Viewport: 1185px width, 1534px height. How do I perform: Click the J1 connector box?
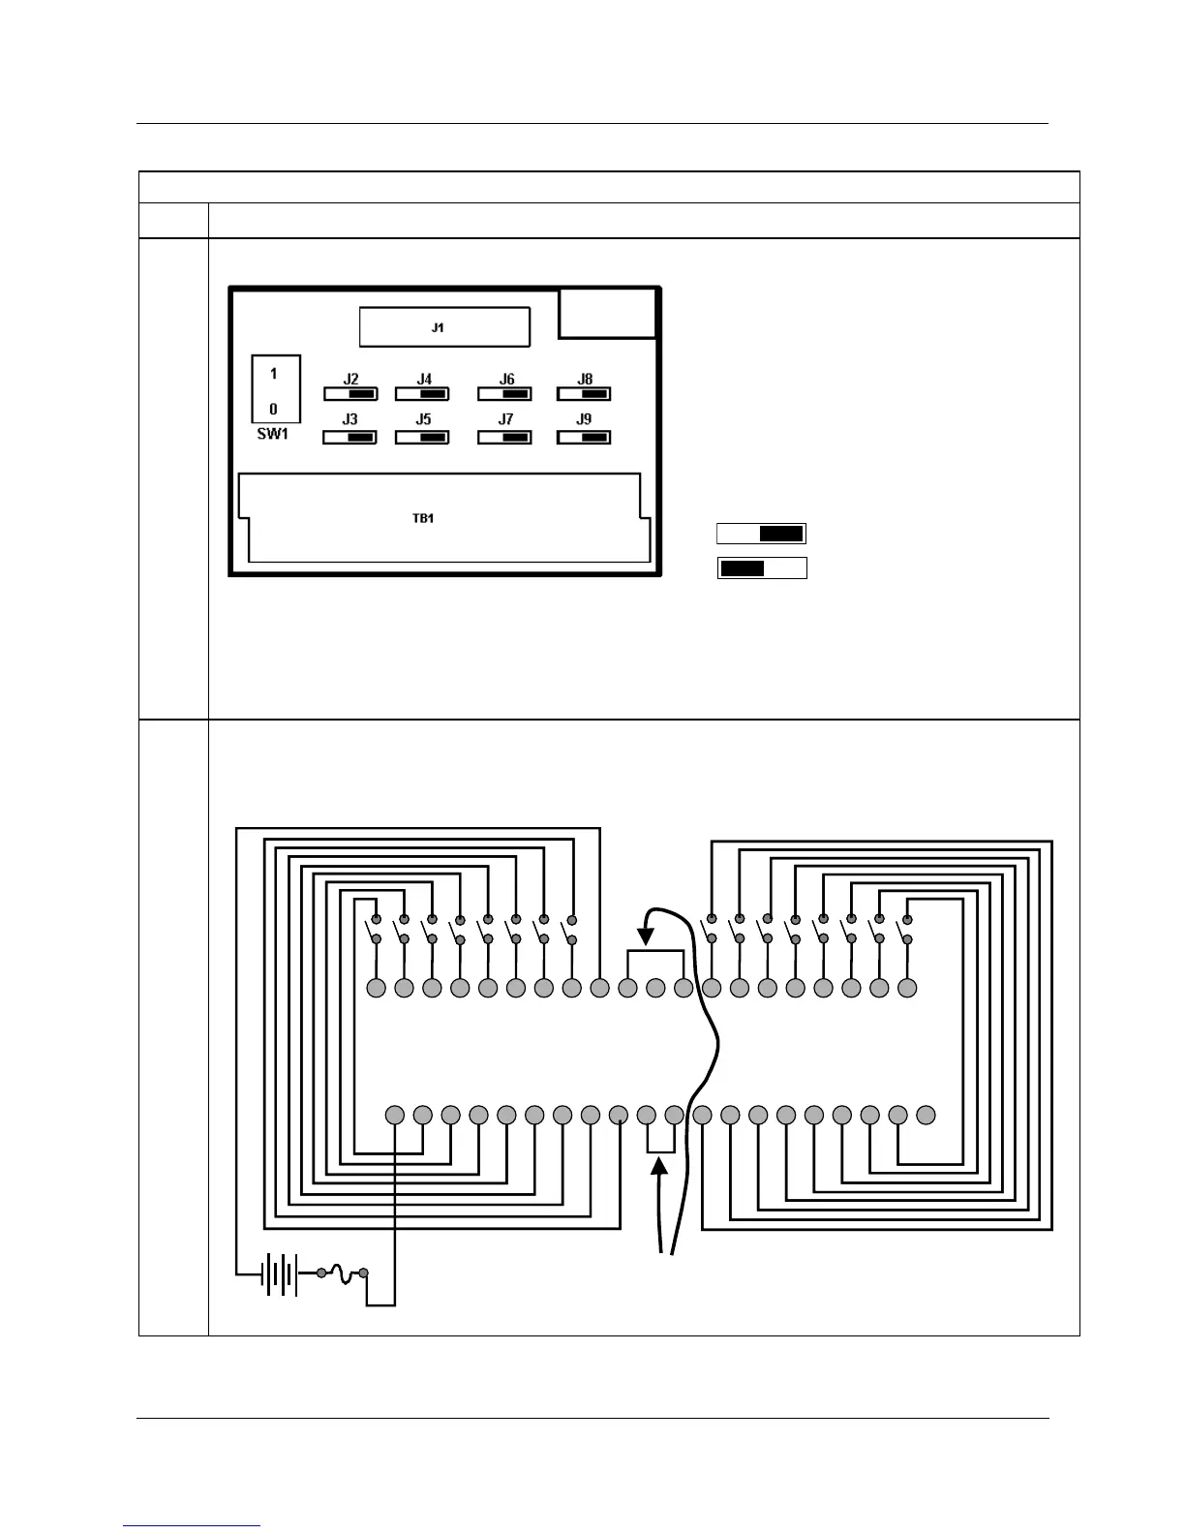tap(444, 327)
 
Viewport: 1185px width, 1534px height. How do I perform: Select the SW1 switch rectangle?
tap(275, 389)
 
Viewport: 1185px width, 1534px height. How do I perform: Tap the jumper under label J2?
tap(350, 394)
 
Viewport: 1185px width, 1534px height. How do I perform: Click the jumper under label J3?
tap(350, 438)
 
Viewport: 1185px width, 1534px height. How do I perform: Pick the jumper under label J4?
tap(422, 394)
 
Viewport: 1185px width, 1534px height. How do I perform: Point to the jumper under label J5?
tap(422, 438)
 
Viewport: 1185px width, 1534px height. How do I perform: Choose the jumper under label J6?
tap(504, 394)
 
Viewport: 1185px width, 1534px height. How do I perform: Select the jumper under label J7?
tap(504, 438)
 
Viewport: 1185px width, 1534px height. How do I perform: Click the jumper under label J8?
tap(584, 394)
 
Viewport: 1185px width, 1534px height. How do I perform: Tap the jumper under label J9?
tap(584, 438)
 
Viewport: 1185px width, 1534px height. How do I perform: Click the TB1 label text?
tap(423, 518)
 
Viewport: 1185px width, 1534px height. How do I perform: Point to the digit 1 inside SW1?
tap(274, 373)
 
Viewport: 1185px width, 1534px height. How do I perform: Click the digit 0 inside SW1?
tap(274, 409)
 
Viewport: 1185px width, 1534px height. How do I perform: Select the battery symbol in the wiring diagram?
tap(280, 1274)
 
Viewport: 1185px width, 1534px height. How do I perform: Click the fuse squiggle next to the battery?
tap(343, 1273)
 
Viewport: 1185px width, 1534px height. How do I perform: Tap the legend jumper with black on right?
tap(761, 534)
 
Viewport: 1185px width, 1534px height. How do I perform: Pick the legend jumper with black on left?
tap(762, 568)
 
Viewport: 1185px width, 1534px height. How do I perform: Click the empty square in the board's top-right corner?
tap(608, 313)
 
